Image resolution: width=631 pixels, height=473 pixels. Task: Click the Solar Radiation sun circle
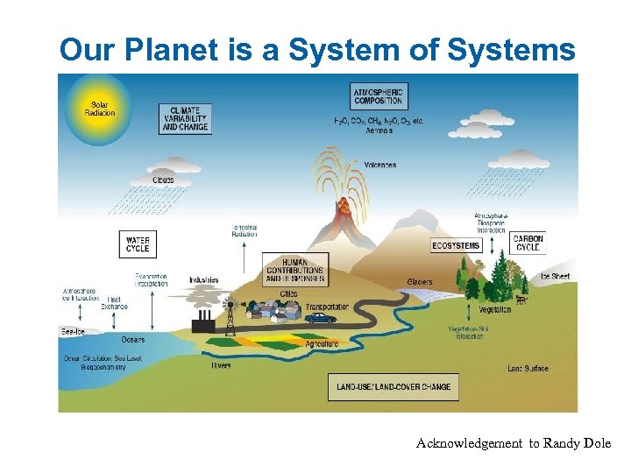tap(99, 109)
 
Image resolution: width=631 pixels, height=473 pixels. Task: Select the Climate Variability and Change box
tap(185, 118)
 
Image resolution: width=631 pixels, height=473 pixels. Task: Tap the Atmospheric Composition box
tap(379, 95)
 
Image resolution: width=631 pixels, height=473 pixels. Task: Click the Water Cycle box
tap(138, 244)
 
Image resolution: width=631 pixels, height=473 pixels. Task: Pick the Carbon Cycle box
tap(528, 243)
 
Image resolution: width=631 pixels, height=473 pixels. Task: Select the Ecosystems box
tap(456, 245)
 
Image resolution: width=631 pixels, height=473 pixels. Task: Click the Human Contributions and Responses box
tap(295, 270)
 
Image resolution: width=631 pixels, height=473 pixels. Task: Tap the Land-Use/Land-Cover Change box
tap(393, 386)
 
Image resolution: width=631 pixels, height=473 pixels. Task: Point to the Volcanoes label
tap(380, 165)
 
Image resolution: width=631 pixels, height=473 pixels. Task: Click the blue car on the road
tap(321, 319)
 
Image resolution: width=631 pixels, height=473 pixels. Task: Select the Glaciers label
tap(419, 282)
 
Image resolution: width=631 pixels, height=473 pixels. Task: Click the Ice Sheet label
tap(555, 276)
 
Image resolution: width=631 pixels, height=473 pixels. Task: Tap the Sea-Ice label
tap(72, 331)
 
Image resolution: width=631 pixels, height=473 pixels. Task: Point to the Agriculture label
tap(322, 344)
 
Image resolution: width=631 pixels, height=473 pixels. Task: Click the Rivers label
tap(221, 365)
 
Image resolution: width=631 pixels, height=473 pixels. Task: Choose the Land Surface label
tap(528, 369)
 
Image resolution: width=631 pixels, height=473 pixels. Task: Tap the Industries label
tap(203, 280)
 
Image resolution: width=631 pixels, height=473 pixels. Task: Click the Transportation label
tap(327, 307)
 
